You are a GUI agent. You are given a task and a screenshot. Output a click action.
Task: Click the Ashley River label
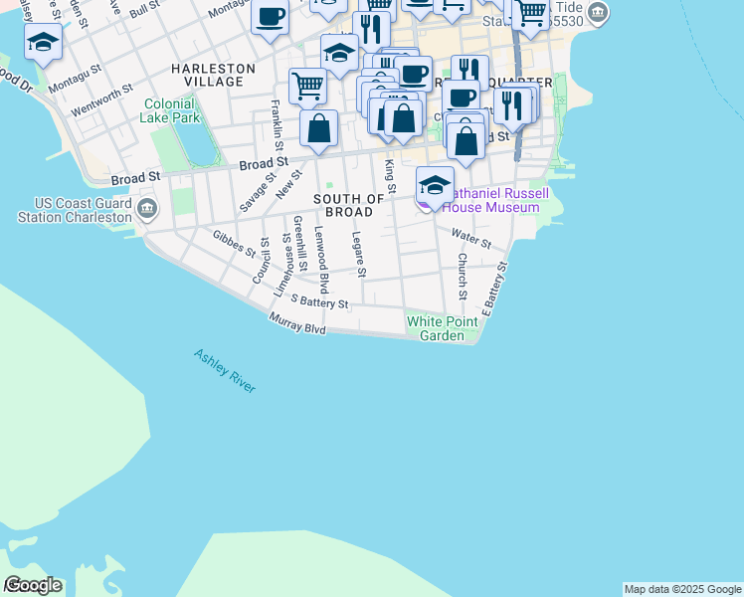coord(225,371)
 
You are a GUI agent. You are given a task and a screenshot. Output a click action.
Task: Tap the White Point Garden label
coord(436,328)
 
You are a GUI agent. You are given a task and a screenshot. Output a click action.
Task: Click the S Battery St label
coord(319,303)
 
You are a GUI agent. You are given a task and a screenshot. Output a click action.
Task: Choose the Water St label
coord(471,239)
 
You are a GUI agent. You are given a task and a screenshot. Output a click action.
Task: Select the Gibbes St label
coord(235,244)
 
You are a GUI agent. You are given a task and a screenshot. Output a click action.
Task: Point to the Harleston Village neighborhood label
coord(213,76)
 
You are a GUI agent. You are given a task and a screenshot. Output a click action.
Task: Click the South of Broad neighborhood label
coord(349,205)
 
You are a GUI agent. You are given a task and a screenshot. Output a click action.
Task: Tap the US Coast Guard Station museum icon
coord(147,208)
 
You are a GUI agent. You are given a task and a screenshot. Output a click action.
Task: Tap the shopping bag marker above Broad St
coord(318,129)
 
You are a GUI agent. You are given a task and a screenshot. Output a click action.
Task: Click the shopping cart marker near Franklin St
coord(308,87)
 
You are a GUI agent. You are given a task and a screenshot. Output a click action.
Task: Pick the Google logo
coord(32,585)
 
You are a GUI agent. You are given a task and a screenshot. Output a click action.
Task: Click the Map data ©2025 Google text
coord(682,589)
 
